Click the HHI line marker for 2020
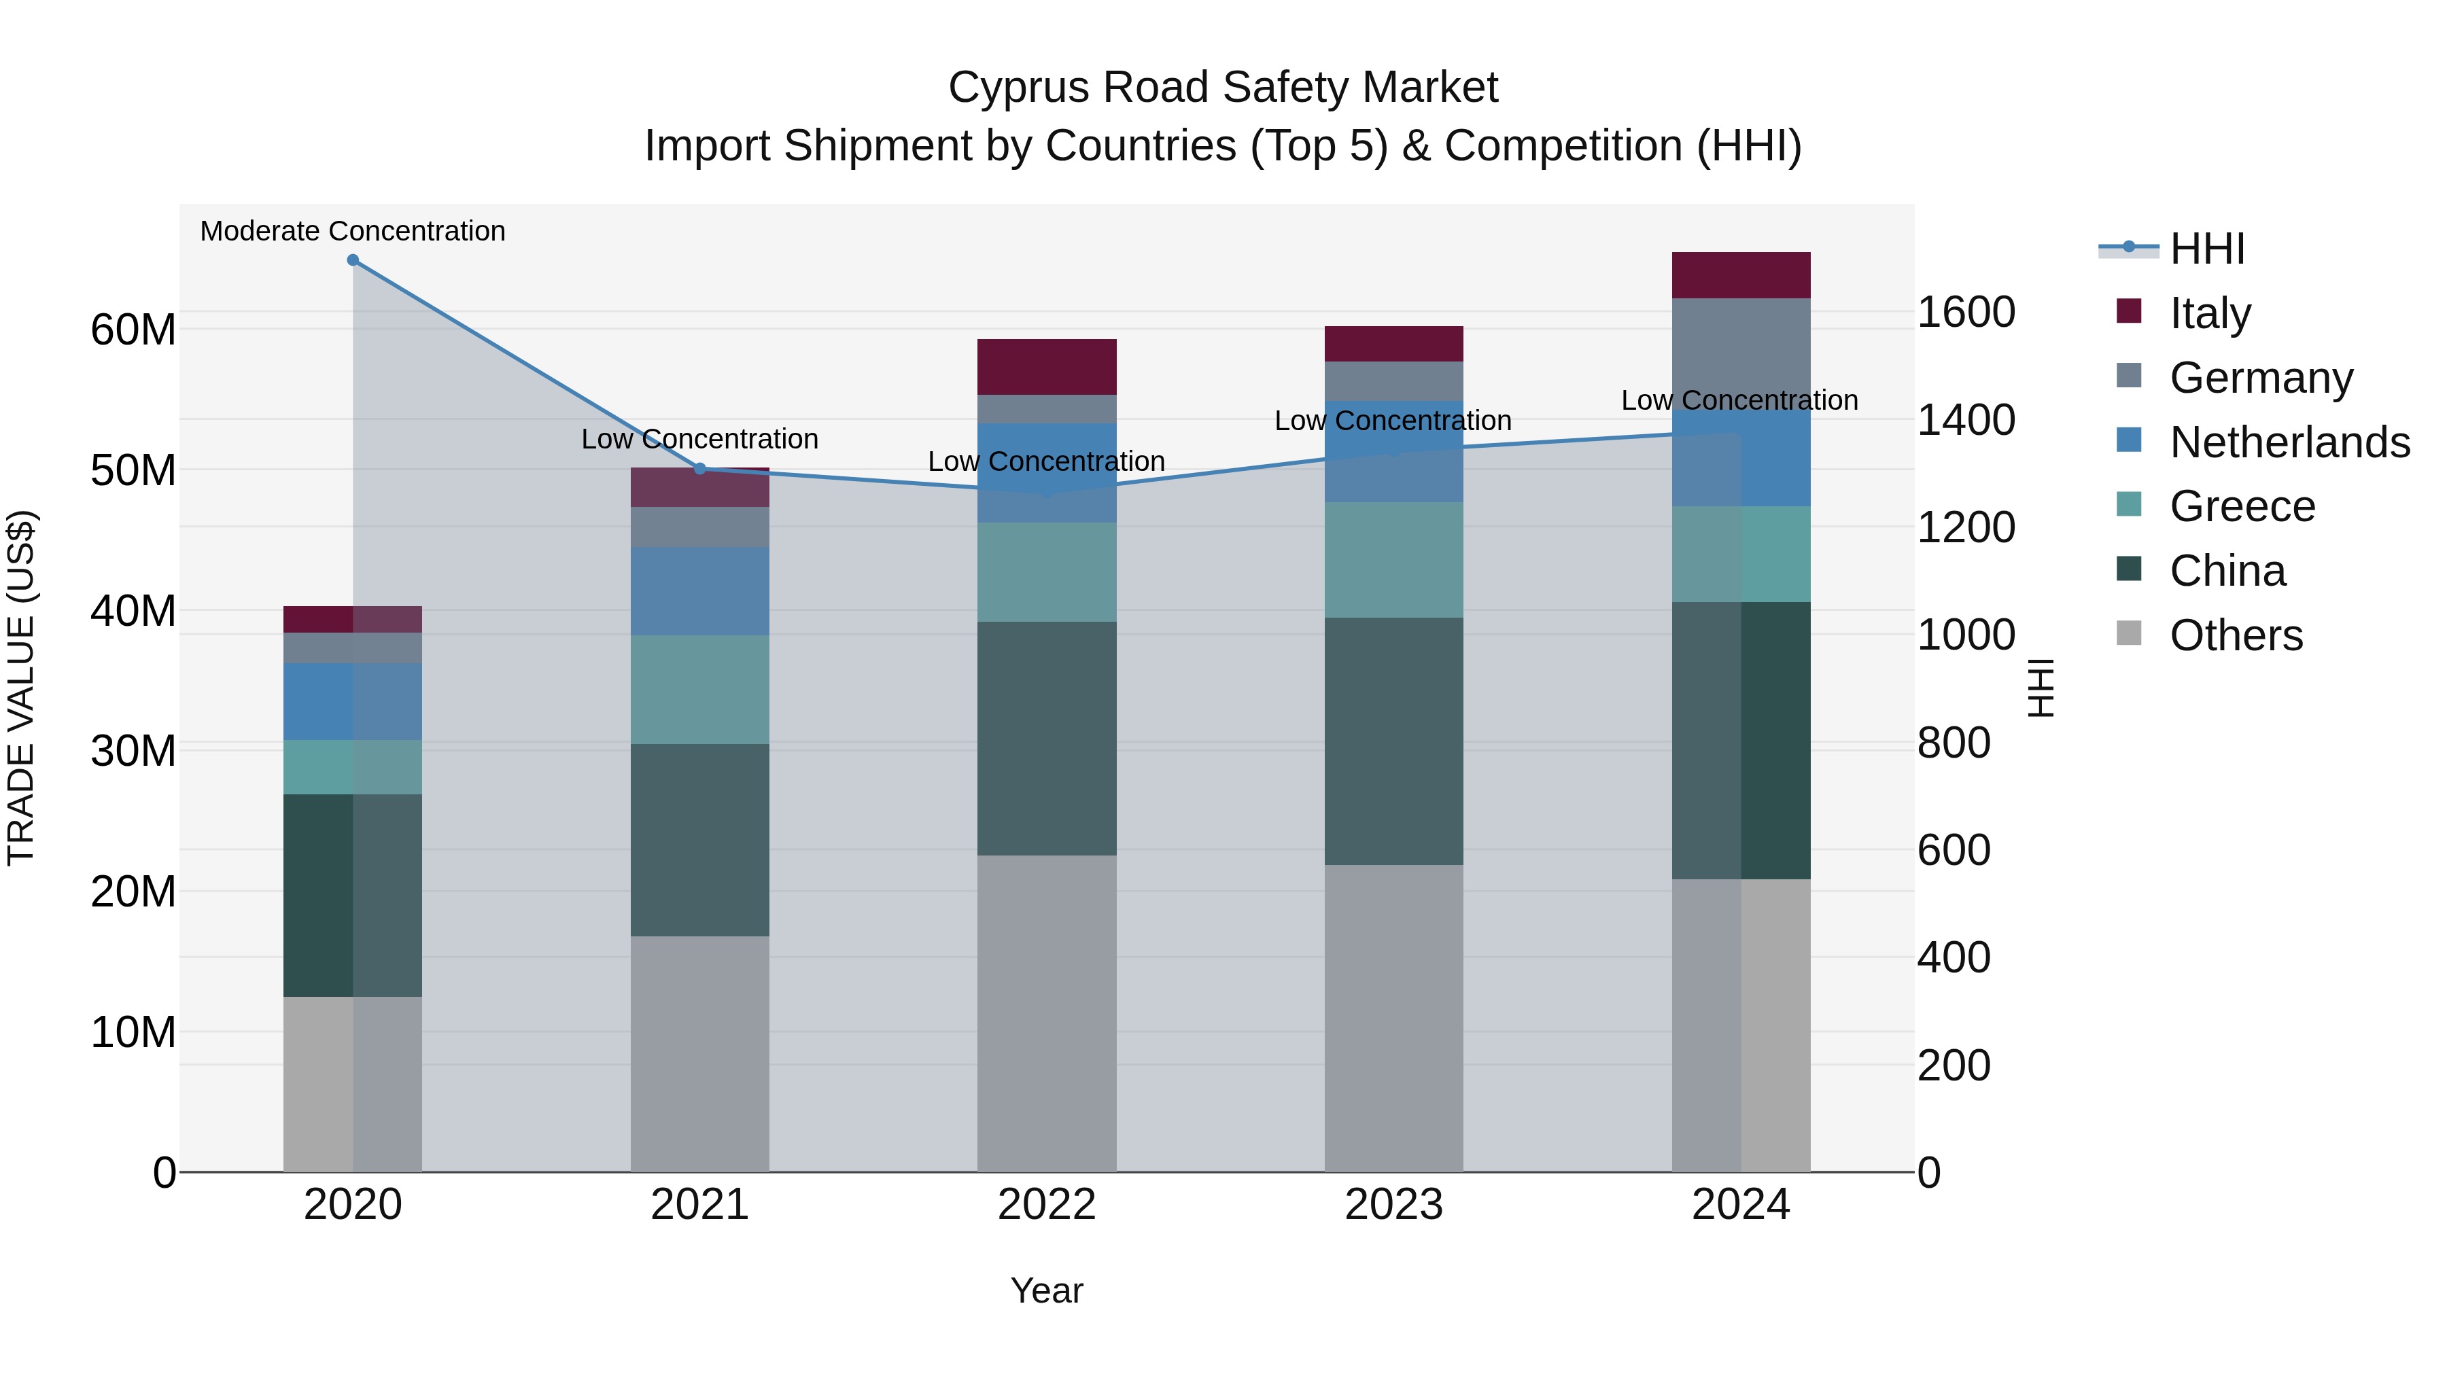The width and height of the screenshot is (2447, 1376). tap(352, 260)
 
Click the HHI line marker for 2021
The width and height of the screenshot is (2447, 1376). tap(700, 469)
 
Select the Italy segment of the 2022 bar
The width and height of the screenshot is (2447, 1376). tap(1047, 366)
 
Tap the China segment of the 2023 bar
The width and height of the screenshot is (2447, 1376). tap(1393, 741)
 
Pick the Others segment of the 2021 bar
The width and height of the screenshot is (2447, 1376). tap(700, 1054)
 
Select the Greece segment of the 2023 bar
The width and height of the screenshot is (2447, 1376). tap(1393, 561)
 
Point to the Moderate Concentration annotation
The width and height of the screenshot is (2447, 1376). tap(352, 232)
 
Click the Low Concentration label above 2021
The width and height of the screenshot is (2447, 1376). tap(700, 440)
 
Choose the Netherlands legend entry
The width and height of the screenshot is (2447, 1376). tap(2289, 442)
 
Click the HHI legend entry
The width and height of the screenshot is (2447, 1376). tap(2206, 249)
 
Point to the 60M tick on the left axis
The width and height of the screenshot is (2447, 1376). tap(133, 330)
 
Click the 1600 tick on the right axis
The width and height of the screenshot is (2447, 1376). tap(1965, 313)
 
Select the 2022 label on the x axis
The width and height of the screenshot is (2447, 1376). tap(1047, 1205)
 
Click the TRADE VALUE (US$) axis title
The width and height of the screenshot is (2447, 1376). tap(21, 688)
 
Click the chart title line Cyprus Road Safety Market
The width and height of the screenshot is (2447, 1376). tap(1223, 88)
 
